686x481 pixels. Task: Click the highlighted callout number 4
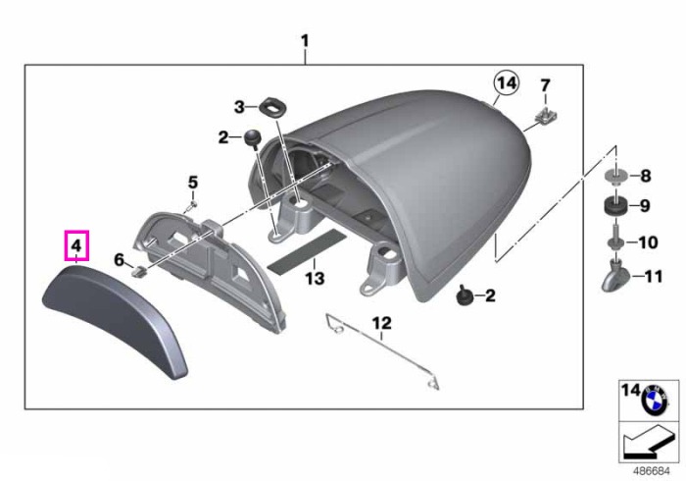click(x=76, y=245)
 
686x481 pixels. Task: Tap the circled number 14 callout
click(x=507, y=82)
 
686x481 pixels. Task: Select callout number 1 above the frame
click(x=305, y=41)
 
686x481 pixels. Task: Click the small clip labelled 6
click(x=139, y=272)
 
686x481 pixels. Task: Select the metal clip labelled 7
click(x=546, y=115)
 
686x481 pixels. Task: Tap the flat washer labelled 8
click(x=615, y=177)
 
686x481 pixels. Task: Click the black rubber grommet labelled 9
click(x=615, y=206)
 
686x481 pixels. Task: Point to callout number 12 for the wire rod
click(x=382, y=323)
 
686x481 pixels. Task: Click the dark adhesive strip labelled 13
click(x=307, y=251)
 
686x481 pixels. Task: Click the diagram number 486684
click(x=652, y=471)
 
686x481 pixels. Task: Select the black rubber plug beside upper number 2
click(x=252, y=137)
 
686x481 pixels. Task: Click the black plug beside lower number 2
click(x=465, y=294)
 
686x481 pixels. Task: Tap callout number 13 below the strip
click(x=315, y=279)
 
